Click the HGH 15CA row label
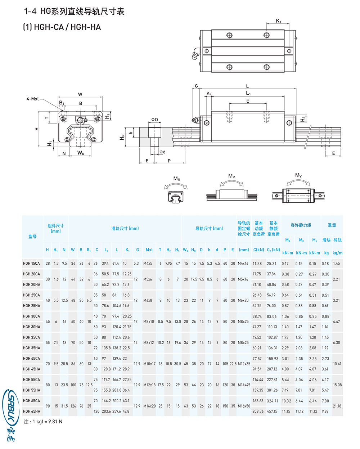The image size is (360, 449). pyautogui.click(x=31, y=264)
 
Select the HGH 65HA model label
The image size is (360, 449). pyautogui.click(x=31, y=411)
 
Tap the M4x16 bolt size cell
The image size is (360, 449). pyautogui.click(x=243, y=264)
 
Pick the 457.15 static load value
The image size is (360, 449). pyautogui.click(x=272, y=411)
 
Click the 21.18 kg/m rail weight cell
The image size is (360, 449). pyautogui.click(x=337, y=406)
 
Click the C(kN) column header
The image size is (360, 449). pyautogui.click(x=258, y=250)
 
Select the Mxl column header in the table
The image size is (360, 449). pyautogui.click(x=149, y=250)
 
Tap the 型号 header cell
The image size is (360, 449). pyautogui.click(x=32, y=237)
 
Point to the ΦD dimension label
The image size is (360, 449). pyautogui.click(x=154, y=120)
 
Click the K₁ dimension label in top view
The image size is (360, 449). pyautogui.click(x=278, y=21)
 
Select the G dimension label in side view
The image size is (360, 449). pyautogui.click(x=196, y=86)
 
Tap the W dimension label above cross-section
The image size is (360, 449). pyautogui.click(x=80, y=94)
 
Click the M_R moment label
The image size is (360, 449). pyautogui.click(x=177, y=179)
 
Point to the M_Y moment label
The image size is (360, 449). pyautogui.click(x=298, y=175)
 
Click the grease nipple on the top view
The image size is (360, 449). pyautogui.click(x=194, y=54)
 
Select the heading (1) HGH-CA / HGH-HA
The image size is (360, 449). pyautogui.click(x=62, y=27)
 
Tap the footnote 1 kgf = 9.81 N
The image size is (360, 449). pyautogui.click(x=43, y=422)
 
